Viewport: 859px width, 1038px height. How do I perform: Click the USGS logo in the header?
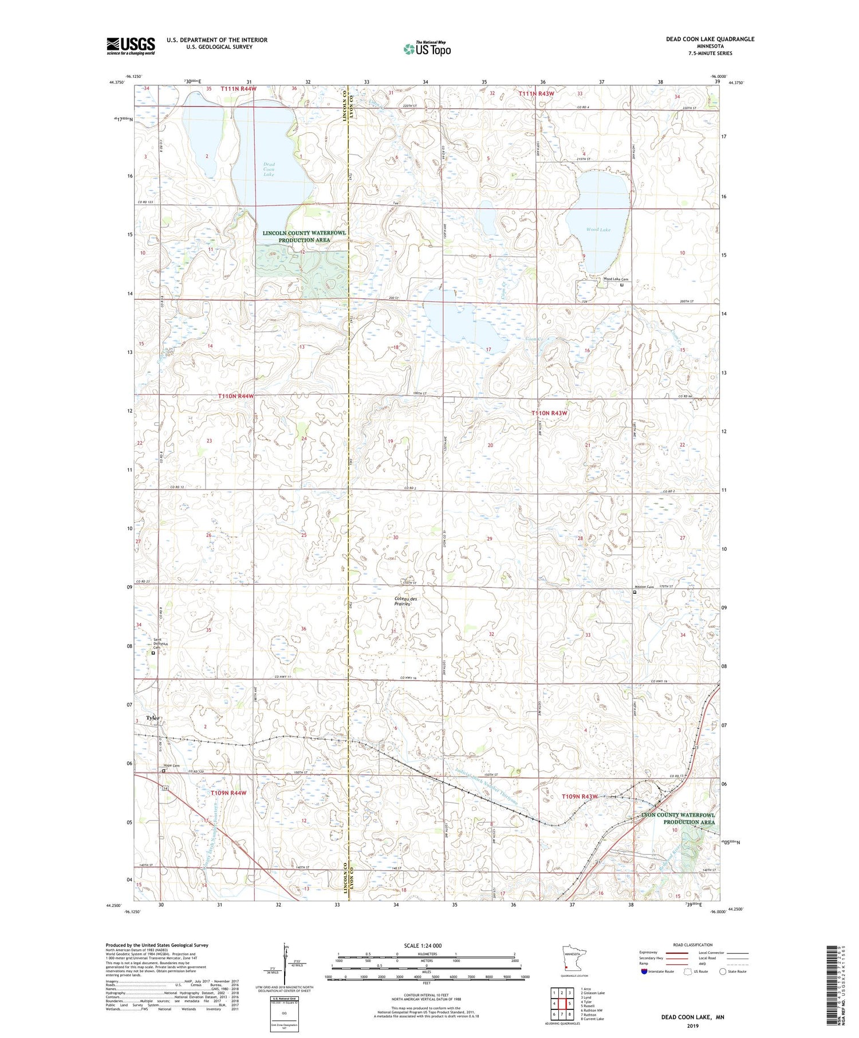pyautogui.click(x=131, y=46)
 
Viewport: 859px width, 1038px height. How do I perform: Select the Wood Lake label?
pyautogui.click(x=598, y=230)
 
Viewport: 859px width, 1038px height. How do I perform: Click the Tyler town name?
pyautogui.click(x=153, y=717)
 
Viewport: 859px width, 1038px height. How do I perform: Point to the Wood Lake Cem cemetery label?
pyautogui.click(x=616, y=279)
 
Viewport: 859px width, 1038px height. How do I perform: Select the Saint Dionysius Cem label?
pyautogui.click(x=157, y=644)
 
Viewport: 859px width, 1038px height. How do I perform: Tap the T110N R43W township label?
pyautogui.click(x=549, y=413)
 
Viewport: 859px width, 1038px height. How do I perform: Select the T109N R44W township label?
pyautogui.click(x=228, y=793)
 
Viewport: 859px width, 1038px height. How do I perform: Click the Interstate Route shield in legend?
pyautogui.click(x=644, y=971)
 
